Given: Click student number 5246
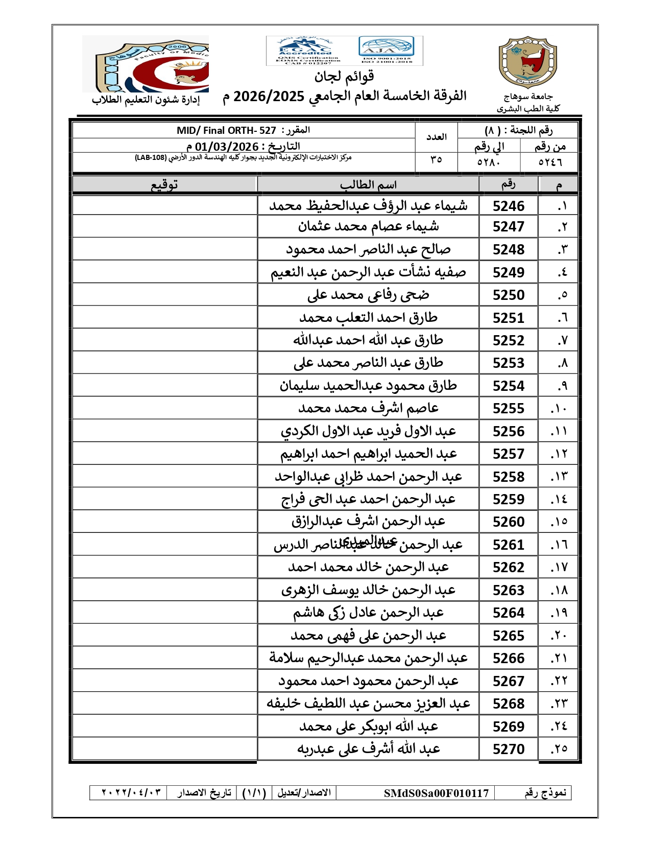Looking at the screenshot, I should tap(508, 206).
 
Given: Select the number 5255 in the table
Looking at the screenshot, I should tap(508, 408).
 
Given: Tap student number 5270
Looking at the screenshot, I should tap(508, 749).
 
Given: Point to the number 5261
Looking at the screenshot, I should tap(508, 545).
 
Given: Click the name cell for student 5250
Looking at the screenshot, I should tap(368, 295).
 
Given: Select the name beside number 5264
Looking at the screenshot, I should tap(368, 613).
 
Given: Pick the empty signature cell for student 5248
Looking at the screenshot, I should tap(164, 249).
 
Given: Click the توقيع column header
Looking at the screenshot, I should tap(164, 184).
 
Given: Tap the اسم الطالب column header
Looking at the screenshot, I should tap(368, 184).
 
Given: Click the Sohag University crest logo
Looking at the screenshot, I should tap(527, 62).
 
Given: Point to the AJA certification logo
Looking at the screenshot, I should tap(387, 50).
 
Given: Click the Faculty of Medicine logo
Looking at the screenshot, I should tap(146, 64).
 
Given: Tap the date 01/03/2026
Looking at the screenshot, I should tap(227, 147).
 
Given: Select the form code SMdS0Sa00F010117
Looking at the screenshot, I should tap(437, 793).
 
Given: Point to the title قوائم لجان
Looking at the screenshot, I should tap(344, 77).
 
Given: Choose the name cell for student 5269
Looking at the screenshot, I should tap(368, 726).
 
